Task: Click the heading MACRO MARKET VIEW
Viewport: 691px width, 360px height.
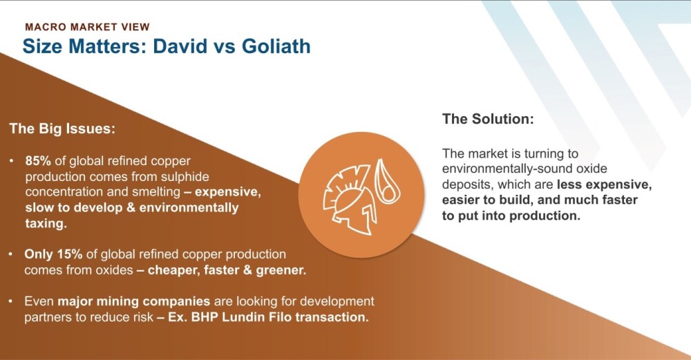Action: (87, 27)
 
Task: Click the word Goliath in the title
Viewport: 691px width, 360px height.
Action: (276, 46)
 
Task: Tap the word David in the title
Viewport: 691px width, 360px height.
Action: (180, 46)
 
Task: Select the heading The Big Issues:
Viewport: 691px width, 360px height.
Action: (62, 129)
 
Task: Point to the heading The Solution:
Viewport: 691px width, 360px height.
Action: (488, 119)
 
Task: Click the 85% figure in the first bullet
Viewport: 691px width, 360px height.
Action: (38, 161)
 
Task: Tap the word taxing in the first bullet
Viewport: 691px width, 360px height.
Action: (46, 224)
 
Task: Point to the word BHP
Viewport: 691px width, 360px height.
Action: (205, 317)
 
